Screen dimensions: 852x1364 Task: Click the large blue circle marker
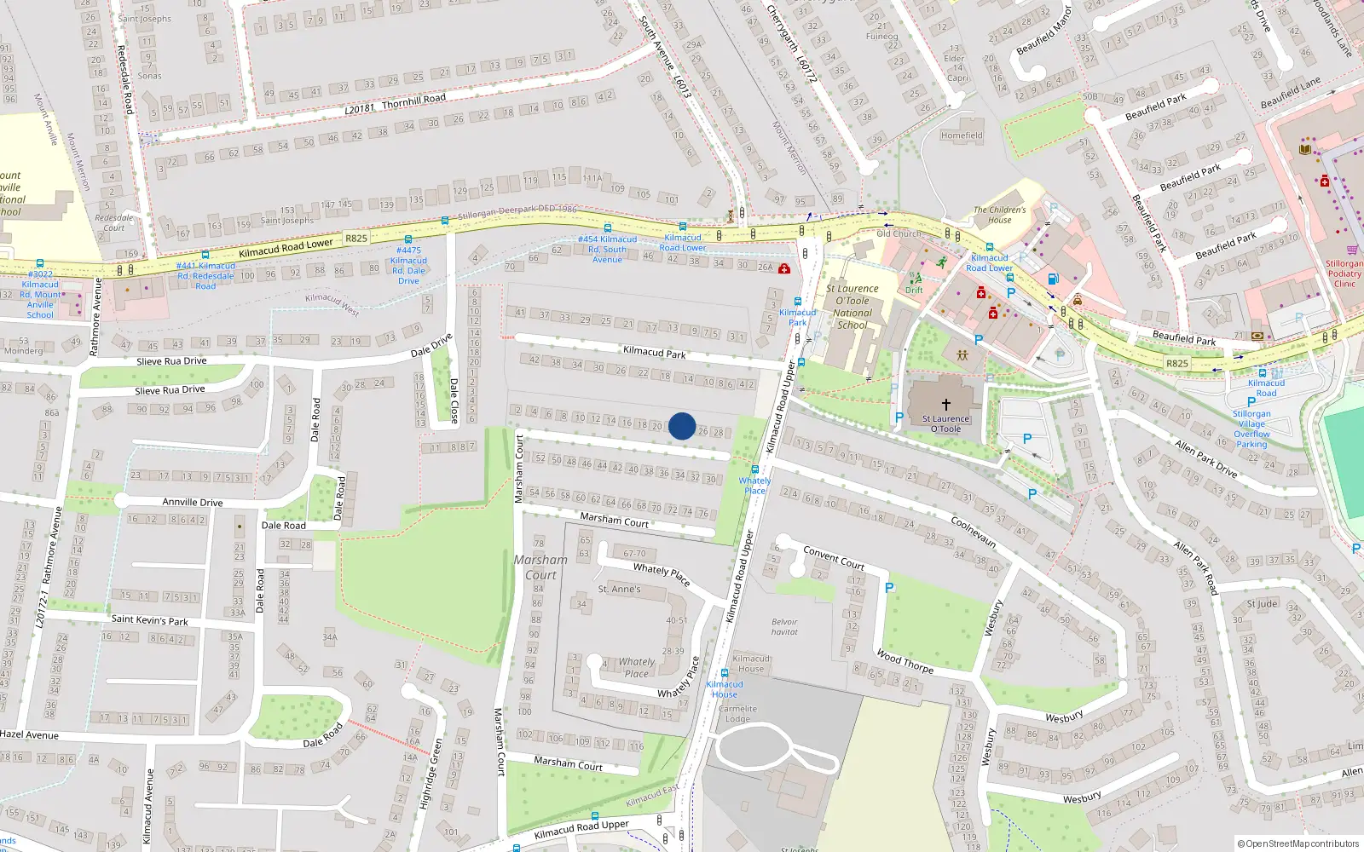click(681, 426)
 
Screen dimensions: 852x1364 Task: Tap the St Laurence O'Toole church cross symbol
click(945, 405)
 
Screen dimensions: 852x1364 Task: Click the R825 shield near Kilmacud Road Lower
click(356, 239)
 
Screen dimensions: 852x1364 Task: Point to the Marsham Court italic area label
click(540, 567)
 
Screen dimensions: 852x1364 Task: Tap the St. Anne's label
click(619, 589)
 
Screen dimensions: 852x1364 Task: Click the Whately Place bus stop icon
click(754, 469)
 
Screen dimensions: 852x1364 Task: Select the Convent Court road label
click(834, 558)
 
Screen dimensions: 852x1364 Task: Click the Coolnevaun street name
click(973, 532)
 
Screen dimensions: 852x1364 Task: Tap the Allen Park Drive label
click(1205, 458)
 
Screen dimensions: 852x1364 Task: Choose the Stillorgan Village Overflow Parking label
click(1251, 429)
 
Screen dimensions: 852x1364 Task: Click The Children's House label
click(1000, 215)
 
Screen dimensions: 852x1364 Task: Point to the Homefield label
click(962, 135)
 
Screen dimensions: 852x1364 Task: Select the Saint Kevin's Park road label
click(149, 620)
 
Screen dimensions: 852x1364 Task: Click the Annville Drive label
click(193, 502)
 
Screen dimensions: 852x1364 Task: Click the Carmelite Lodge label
click(737, 714)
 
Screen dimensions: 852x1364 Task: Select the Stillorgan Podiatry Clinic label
click(1344, 273)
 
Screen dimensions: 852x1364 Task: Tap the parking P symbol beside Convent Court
click(889, 588)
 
